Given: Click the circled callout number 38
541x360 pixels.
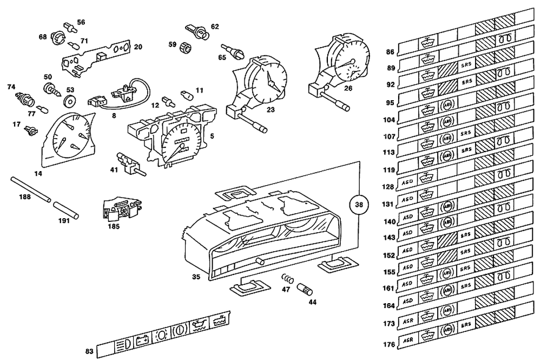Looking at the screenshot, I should [360, 205].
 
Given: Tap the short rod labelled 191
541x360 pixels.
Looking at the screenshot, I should [66, 210].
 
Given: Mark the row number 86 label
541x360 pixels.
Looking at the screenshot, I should [390, 53].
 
